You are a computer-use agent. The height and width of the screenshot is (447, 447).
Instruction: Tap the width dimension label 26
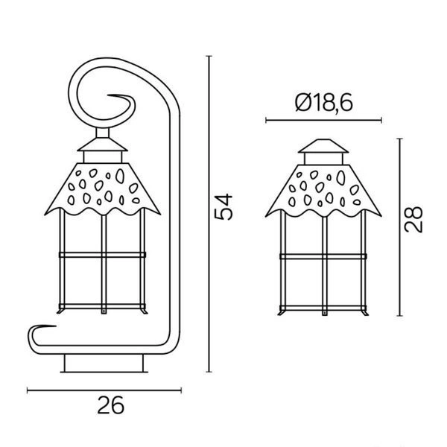(x=110, y=406)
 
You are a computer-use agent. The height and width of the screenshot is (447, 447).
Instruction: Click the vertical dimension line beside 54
(x=209, y=216)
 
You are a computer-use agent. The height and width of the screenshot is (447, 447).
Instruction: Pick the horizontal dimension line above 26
(x=104, y=390)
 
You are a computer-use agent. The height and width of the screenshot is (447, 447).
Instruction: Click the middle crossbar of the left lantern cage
(x=101, y=255)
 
